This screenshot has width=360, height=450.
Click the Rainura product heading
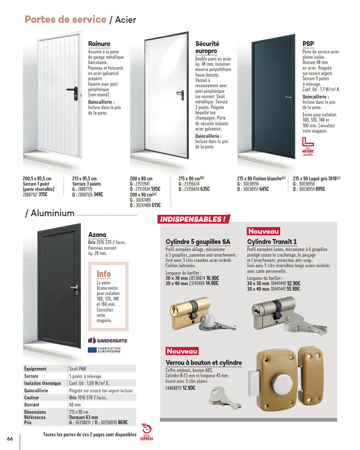(x=99, y=44)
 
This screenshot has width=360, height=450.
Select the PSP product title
(x=308, y=44)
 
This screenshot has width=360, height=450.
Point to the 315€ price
(x=43, y=194)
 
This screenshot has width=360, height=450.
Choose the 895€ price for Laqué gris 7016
(x=320, y=189)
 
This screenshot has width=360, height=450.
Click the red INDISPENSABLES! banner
(x=193, y=219)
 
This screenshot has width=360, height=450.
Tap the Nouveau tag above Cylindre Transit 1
(x=263, y=231)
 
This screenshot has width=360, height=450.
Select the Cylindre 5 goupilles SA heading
(x=198, y=242)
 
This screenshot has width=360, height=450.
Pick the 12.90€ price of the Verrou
(x=189, y=388)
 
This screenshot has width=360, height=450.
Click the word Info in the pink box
(x=104, y=274)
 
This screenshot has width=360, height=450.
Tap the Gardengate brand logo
(x=107, y=340)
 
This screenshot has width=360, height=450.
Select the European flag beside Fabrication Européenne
(x=92, y=350)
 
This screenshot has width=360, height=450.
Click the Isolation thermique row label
(x=42, y=383)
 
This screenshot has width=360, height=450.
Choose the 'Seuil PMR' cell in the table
(x=78, y=369)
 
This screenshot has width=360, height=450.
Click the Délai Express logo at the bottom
(x=146, y=432)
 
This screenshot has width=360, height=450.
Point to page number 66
(x=10, y=438)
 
